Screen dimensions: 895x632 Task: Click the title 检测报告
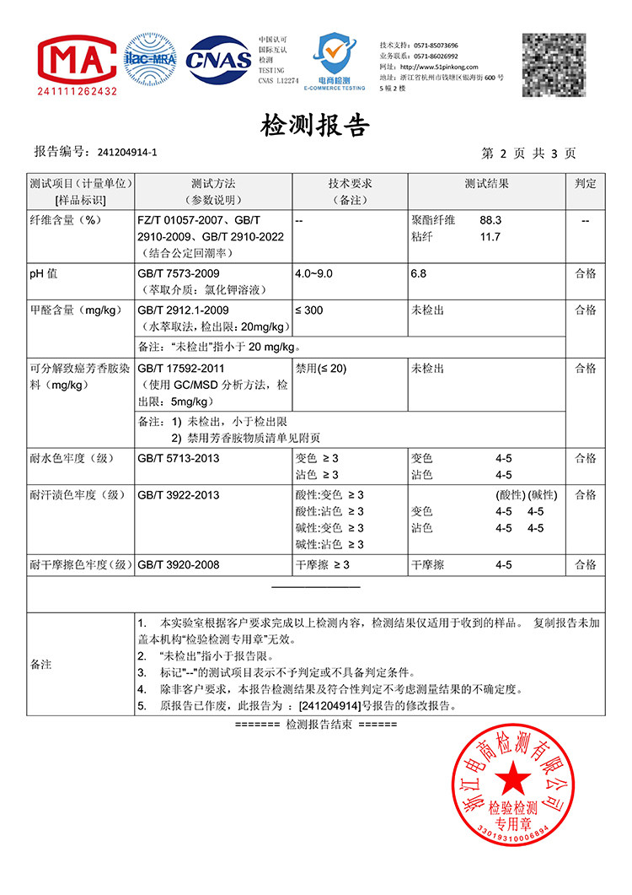point(316,127)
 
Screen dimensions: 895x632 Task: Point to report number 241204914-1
point(127,153)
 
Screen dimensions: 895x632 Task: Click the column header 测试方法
point(213,183)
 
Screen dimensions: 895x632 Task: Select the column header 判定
point(586,183)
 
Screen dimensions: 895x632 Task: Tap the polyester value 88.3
point(490,220)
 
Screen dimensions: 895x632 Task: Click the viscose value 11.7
point(490,237)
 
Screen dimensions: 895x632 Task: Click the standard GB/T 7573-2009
point(178,273)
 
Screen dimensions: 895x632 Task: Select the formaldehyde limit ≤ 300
point(309,310)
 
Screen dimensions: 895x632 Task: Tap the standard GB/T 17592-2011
point(181,369)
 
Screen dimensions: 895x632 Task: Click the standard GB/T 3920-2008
point(178,564)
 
